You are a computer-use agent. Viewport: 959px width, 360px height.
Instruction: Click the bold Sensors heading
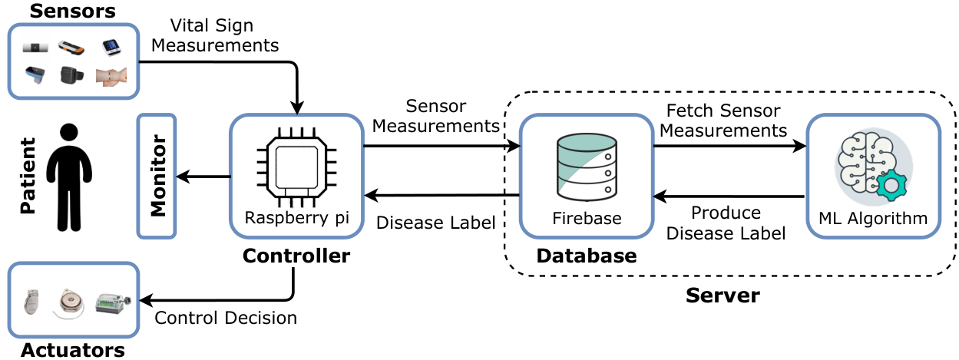pyautogui.click(x=73, y=11)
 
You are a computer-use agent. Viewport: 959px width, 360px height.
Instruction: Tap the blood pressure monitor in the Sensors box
pyautogui.click(x=112, y=47)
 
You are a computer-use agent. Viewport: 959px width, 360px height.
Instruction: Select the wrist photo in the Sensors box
pyautogui.click(x=111, y=77)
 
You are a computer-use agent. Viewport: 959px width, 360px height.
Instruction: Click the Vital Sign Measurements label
pyautogui.click(x=215, y=35)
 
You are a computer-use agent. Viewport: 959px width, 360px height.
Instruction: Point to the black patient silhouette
pyautogui.click(x=69, y=177)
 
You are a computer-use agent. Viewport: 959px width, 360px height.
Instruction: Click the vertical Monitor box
pyautogui.click(x=157, y=176)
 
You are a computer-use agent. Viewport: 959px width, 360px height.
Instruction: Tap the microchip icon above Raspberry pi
pyautogui.click(x=296, y=167)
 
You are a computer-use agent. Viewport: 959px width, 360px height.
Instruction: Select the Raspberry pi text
pyautogui.click(x=296, y=218)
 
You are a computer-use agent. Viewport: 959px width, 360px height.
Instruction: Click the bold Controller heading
pyautogui.click(x=296, y=256)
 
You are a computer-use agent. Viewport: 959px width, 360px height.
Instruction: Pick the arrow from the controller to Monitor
pyautogui.click(x=203, y=177)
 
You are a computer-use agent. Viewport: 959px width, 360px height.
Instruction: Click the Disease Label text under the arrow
pyautogui.click(x=436, y=223)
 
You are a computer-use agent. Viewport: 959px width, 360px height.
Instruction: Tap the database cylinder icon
pyautogui.click(x=587, y=167)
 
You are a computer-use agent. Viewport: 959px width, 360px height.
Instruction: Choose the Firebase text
pyautogui.click(x=587, y=218)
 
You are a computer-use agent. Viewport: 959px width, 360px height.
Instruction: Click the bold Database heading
pyautogui.click(x=587, y=256)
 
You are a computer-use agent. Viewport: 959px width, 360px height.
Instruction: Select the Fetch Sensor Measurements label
pyautogui.click(x=723, y=121)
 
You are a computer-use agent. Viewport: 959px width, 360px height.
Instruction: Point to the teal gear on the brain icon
pyautogui.click(x=891, y=185)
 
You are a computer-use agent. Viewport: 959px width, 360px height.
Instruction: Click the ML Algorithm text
pyautogui.click(x=873, y=219)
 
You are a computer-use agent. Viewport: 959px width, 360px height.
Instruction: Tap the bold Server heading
pyautogui.click(x=723, y=296)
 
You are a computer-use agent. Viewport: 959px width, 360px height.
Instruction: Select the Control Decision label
pyautogui.click(x=226, y=318)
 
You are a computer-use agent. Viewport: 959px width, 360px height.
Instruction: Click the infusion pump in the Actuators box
pyautogui.click(x=113, y=303)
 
